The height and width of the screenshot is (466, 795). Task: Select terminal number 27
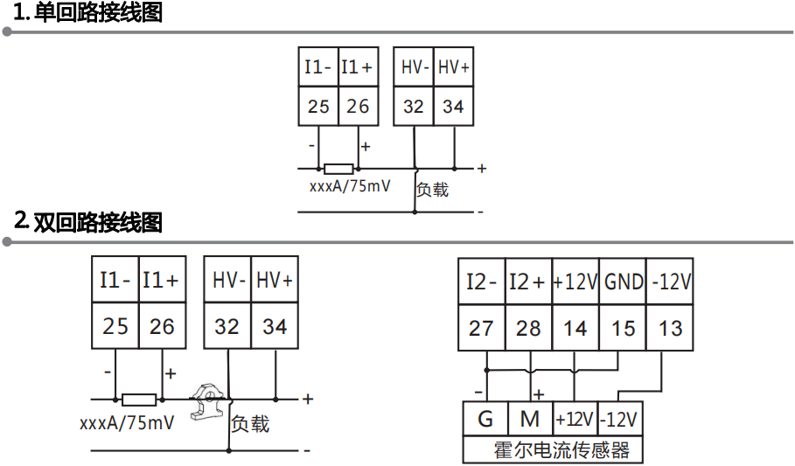pos(481,328)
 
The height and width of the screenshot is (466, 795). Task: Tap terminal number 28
pos(528,328)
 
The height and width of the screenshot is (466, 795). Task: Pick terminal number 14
pos(575,328)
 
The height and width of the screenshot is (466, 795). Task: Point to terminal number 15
pos(623,328)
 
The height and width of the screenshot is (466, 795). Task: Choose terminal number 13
pos(670,328)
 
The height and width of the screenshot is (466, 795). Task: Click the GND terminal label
pos(624,282)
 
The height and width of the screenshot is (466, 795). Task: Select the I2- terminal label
pos(481,282)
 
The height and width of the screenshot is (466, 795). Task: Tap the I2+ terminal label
pos(528,282)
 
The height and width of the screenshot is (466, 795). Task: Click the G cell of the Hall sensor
pos(485,419)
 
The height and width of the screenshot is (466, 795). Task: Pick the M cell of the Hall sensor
pos(530,419)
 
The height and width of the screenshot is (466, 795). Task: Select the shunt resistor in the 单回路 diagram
pos(338,169)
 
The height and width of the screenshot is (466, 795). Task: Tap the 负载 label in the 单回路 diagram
pos(432,189)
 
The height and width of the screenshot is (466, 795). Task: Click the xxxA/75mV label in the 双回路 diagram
pos(127,423)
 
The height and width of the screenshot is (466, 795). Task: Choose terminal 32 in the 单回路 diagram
pos(413,107)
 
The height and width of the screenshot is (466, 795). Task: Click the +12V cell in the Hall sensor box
pos(575,419)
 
